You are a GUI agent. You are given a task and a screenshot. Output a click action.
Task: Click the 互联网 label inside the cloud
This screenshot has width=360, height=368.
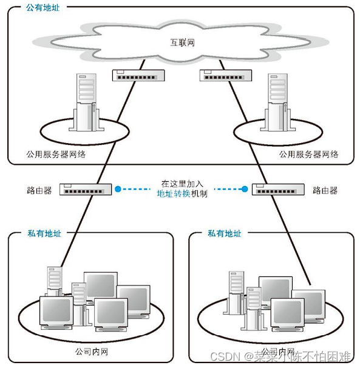point(180,42)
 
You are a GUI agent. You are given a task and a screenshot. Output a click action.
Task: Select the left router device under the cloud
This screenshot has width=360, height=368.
point(138,75)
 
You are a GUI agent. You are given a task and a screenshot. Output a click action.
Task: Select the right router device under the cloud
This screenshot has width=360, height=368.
point(225,75)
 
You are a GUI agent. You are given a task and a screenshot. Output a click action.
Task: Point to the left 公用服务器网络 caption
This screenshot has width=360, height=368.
point(56,155)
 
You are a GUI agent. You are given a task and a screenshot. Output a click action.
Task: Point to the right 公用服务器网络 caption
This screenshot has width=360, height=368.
point(308,155)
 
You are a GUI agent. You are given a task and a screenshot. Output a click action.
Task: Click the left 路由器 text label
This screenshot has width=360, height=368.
point(39,190)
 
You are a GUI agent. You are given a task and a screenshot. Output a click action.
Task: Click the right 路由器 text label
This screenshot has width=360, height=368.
point(325,190)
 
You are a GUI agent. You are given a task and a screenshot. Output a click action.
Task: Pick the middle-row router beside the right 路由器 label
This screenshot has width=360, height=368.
point(277,189)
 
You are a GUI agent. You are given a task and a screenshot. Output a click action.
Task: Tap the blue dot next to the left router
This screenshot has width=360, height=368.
point(118,189)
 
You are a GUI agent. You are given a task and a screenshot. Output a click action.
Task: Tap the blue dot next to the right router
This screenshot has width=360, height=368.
point(245,189)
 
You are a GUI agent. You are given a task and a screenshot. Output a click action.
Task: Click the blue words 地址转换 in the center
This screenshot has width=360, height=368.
point(174,194)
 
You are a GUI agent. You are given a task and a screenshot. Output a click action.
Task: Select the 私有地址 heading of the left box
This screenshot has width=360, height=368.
point(44,233)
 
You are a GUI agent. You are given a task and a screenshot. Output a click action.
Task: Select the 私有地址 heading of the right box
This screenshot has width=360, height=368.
point(224,233)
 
